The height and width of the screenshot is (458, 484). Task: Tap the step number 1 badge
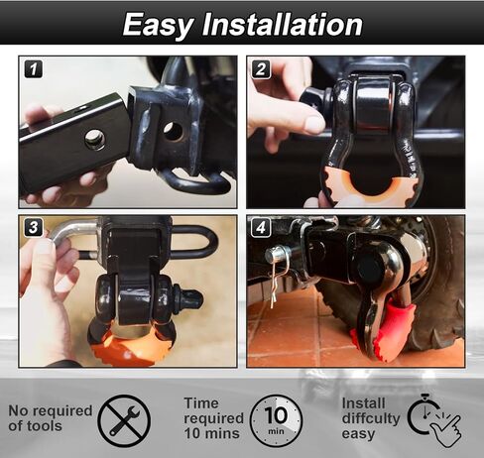click(x=34, y=69)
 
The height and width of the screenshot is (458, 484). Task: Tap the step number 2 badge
click(x=260, y=69)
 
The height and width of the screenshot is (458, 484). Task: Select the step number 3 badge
click(x=34, y=228)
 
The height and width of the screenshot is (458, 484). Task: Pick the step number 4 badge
click(x=260, y=228)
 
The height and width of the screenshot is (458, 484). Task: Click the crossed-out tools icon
click(x=124, y=419)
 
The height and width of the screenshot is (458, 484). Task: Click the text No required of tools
click(x=50, y=418)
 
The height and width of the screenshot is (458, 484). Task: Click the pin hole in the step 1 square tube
click(x=95, y=140)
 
